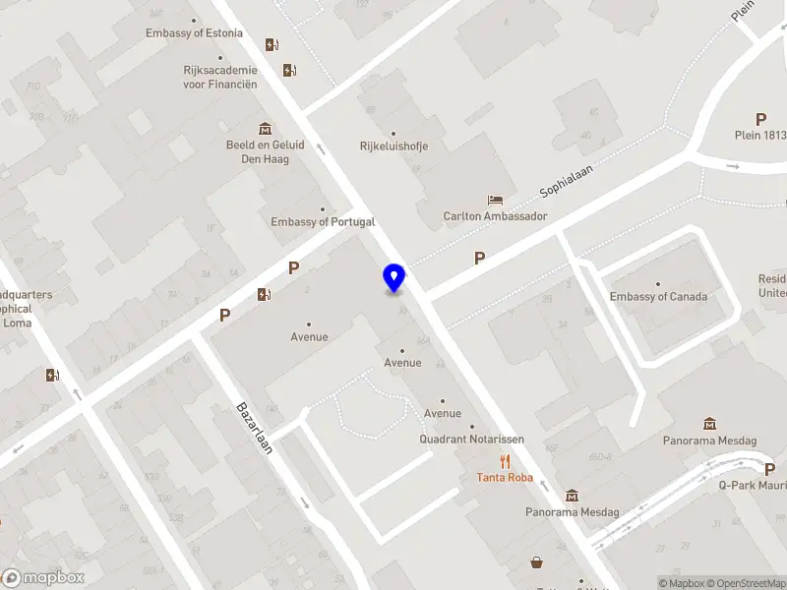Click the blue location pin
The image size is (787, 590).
394,277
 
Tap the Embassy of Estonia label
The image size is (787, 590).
193,32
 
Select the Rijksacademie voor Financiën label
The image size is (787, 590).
220,77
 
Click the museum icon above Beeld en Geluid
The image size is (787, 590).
265,129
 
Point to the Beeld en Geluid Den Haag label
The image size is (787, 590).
265,151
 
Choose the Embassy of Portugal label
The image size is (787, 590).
323,222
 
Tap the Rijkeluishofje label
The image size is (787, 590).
393,147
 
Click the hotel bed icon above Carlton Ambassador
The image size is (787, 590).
495,200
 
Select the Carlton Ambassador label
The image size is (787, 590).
495,216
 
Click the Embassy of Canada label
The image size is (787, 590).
658,297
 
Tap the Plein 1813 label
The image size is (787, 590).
760,136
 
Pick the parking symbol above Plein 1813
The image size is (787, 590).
760,119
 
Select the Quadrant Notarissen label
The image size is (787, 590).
471,440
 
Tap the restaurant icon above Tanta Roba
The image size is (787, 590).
505,461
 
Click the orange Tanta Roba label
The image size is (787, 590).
505,478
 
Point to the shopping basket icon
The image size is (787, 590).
537,562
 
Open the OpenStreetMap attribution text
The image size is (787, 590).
744,583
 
